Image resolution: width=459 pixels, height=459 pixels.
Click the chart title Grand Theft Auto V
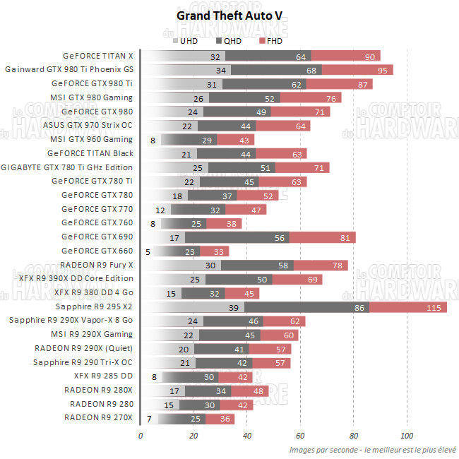pyautogui.click(x=229, y=15)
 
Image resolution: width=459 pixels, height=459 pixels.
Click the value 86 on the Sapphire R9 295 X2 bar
pyautogui.click(x=360, y=307)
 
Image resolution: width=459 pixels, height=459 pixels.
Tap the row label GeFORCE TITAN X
pyautogui.click(x=97, y=56)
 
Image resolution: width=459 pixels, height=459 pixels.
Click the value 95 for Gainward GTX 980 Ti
pyautogui.click(x=383, y=70)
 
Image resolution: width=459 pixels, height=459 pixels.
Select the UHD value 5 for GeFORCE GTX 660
pyautogui.click(x=148, y=251)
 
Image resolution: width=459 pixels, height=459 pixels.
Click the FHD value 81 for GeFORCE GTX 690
pyautogui.click(x=345, y=237)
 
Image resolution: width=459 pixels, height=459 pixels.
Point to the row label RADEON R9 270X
pyautogui.click(x=98, y=419)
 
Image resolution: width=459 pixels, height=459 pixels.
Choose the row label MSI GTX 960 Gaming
pyautogui.click(x=92, y=140)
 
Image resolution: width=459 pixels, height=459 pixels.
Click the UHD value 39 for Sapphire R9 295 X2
pyautogui.click(x=234, y=307)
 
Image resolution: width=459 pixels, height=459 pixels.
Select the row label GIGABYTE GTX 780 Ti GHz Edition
pyautogui.click(x=67, y=167)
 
